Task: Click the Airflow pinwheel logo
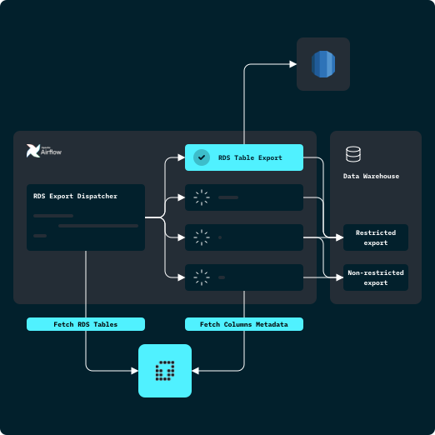point(33,151)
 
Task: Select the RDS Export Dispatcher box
point(86,217)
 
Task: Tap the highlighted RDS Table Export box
point(243,157)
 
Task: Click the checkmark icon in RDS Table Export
point(201,157)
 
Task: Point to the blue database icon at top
point(322,64)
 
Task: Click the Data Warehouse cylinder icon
point(353,154)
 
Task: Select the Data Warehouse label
point(371,177)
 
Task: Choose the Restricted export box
point(376,237)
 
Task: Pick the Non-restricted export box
point(376,277)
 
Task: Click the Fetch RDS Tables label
point(86,323)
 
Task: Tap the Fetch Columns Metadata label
point(243,323)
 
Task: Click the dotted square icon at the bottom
point(165,369)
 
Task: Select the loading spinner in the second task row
point(201,197)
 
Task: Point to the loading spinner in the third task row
point(201,237)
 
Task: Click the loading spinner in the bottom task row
point(201,277)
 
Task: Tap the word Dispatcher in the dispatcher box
point(97,197)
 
